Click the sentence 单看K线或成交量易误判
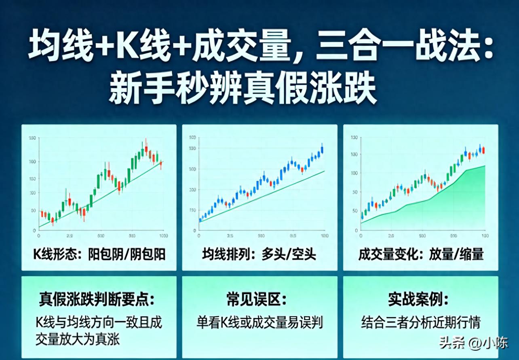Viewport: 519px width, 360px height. click(259, 322)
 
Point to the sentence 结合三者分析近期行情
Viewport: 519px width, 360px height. click(421, 322)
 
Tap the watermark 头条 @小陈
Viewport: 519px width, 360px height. click(473, 343)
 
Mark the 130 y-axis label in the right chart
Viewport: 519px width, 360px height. click(354, 138)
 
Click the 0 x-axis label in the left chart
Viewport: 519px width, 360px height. click(38, 235)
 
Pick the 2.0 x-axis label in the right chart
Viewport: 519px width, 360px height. click(391, 235)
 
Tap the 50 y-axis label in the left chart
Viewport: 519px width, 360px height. click(32, 210)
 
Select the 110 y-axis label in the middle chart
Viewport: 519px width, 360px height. click(192, 210)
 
